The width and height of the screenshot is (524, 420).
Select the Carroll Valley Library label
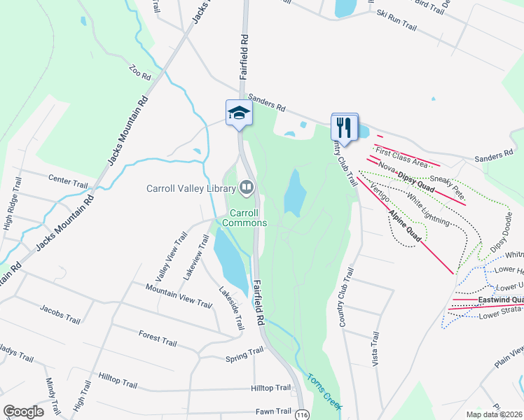(x=191, y=188)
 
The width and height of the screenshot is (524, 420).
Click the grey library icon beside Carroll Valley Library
(x=247, y=187)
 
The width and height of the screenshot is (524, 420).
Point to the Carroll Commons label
(x=244, y=218)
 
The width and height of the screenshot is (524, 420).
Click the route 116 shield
(x=301, y=413)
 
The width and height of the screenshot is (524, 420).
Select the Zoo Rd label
(x=139, y=73)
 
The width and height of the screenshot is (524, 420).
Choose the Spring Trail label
(x=243, y=358)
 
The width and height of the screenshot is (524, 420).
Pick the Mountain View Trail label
(x=179, y=296)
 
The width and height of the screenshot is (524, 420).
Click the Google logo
(x=24, y=412)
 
